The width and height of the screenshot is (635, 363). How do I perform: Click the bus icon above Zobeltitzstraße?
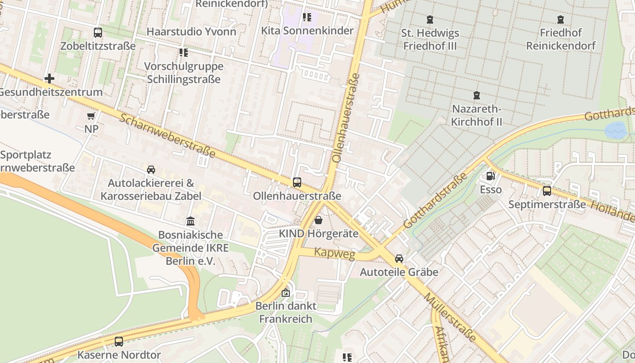(98, 33)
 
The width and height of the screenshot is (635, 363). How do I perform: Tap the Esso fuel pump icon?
(490, 176)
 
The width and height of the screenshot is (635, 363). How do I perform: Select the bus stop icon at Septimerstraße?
(547, 191)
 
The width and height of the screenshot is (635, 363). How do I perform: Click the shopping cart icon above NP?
(91, 116)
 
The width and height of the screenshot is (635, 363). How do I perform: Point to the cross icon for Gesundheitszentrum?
(49, 79)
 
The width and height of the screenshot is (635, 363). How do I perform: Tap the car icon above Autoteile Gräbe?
(399, 259)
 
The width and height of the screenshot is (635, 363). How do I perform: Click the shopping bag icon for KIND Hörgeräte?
(319, 221)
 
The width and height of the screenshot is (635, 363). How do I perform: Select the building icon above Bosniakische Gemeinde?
(190, 221)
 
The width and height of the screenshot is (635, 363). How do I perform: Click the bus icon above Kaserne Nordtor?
(119, 341)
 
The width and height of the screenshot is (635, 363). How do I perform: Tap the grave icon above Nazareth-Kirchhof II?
(477, 96)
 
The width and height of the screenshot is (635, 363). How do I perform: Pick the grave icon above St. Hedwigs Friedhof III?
(430, 20)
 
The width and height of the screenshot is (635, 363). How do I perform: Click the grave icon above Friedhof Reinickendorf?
(561, 20)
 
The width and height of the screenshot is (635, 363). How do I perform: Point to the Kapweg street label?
(335, 254)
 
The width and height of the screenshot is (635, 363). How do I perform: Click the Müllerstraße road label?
(450, 317)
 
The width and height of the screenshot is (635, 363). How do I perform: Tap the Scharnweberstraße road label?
(168, 135)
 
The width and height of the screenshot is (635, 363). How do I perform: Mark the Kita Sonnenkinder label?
(308, 31)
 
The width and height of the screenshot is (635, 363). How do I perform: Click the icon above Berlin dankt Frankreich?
(285, 293)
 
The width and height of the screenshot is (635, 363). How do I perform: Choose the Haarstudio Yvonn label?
(191, 32)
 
